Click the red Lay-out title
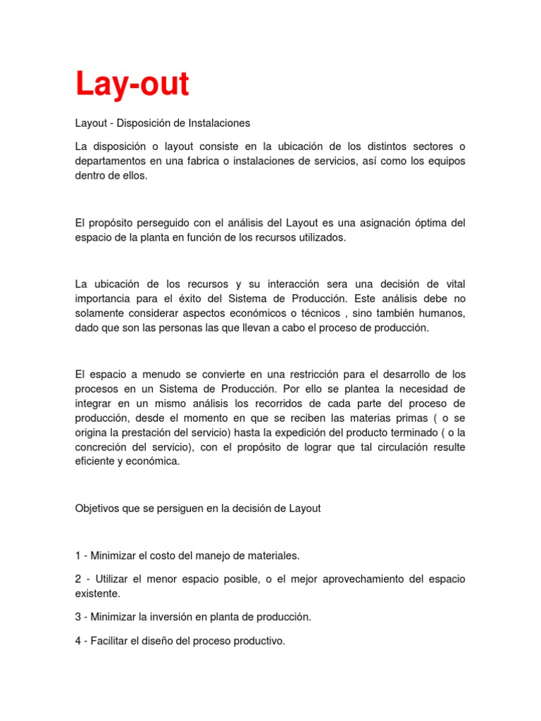point(132,85)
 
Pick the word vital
point(454,284)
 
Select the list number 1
point(78,556)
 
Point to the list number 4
point(78,641)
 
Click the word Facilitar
point(113,641)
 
